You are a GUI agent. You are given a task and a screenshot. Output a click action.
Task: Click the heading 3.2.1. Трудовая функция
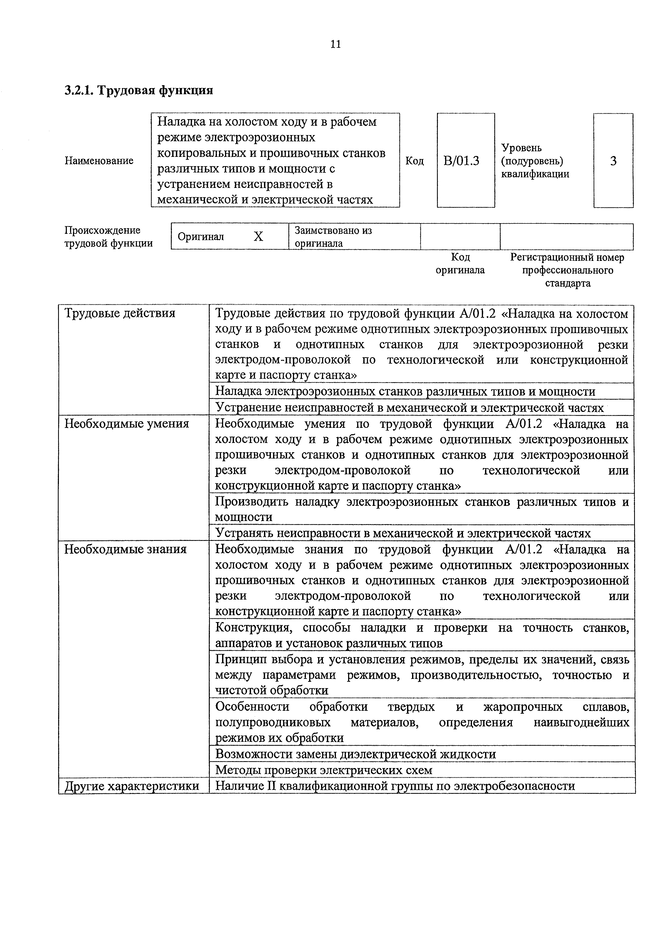pos(139,90)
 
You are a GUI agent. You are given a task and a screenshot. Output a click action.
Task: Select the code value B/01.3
pos(461,161)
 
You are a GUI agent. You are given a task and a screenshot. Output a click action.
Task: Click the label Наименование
pos(99,161)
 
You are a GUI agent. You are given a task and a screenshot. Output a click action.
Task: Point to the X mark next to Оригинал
pos(258,236)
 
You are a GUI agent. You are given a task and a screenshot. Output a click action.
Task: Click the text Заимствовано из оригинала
pos(333,237)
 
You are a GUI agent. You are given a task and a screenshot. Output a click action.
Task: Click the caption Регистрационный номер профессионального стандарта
pos(567,270)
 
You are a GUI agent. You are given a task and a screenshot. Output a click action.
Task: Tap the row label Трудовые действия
pos(120,313)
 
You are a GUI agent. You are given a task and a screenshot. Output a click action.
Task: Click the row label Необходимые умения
pos(127,424)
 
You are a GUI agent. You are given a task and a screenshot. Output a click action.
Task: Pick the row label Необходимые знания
pos(126,549)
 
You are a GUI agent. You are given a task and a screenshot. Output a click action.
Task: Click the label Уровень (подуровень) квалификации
pos(535,161)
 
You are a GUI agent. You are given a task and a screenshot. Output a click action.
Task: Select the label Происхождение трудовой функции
pos(109,237)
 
